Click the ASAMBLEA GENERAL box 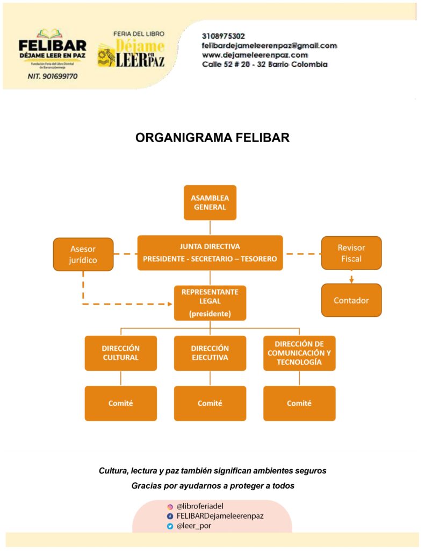[x=210, y=202]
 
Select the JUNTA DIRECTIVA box [x=210, y=252]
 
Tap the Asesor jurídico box [x=83, y=254]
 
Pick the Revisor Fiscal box [x=351, y=253]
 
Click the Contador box [x=351, y=300]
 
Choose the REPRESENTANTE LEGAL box [x=210, y=302]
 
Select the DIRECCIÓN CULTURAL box [x=120, y=353]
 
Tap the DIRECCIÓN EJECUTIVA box [x=210, y=353]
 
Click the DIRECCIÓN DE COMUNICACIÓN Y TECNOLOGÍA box [x=299, y=353]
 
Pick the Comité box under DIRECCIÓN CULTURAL [x=120, y=403]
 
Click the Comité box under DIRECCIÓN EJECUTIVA [x=210, y=403]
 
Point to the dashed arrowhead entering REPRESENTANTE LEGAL [x=170, y=304]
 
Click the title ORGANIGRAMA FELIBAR [x=212, y=138]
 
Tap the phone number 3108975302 [x=224, y=36]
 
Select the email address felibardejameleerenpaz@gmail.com [x=269, y=46]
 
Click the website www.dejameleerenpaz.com [x=255, y=55]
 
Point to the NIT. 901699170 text [x=52, y=76]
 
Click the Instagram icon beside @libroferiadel [x=170, y=506]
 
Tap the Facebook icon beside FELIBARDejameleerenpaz [x=170, y=516]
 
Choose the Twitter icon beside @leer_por [x=170, y=526]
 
